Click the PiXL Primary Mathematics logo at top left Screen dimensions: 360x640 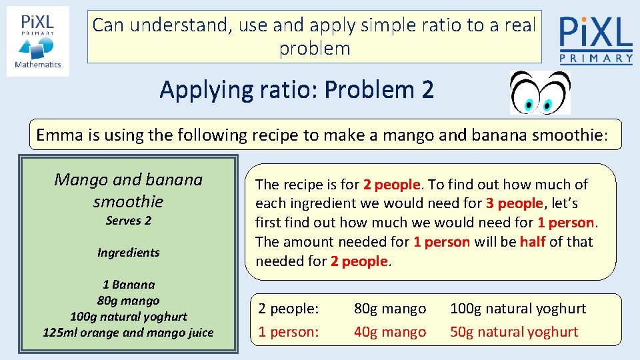click(x=38, y=41)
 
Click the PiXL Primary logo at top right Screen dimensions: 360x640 click(x=595, y=40)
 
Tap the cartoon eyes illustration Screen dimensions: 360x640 click(x=539, y=93)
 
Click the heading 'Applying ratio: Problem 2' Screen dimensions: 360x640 click(x=297, y=89)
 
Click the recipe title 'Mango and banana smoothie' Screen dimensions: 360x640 click(x=128, y=190)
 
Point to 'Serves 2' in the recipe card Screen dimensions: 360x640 click(x=128, y=221)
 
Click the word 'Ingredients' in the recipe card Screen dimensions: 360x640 click(x=128, y=253)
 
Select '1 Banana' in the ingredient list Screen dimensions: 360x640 click(x=128, y=285)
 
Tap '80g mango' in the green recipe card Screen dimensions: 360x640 click(x=128, y=301)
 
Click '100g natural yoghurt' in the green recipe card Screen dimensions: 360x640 click(x=128, y=317)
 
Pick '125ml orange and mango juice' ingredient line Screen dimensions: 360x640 click(x=128, y=333)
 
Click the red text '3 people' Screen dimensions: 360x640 click(x=515, y=203)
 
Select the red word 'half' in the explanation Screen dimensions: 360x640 click(x=533, y=242)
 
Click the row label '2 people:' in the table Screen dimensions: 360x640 click(x=289, y=309)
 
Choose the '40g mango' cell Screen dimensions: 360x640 click(x=389, y=332)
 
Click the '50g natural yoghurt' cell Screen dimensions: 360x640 click(x=513, y=332)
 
